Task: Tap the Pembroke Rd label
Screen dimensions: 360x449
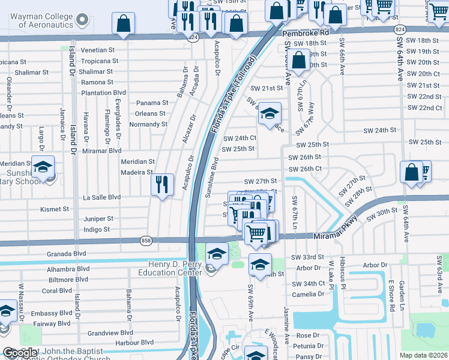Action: click(x=306, y=34)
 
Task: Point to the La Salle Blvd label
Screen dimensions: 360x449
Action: click(x=101, y=197)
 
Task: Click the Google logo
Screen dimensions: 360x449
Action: click(x=19, y=353)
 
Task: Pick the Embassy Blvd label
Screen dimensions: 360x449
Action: click(x=52, y=313)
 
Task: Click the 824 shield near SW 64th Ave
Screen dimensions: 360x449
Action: click(x=399, y=29)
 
